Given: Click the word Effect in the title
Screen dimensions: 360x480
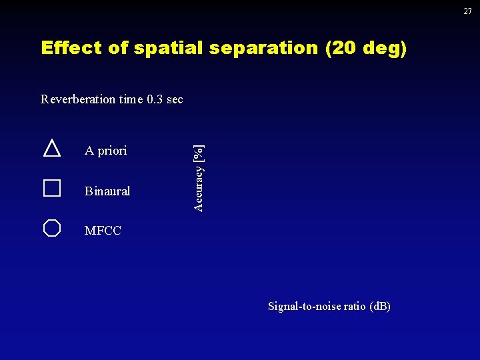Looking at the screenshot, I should pyautogui.click(x=65, y=48).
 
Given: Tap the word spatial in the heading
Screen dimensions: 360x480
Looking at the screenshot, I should pyautogui.click(x=164, y=48).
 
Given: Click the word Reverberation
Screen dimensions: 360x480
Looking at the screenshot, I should pyautogui.click(x=77, y=99).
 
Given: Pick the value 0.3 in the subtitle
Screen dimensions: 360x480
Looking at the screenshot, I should pyautogui.click(x=155, y=99).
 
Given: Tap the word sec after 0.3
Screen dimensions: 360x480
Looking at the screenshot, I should pyautogui.click(x=175, y=99).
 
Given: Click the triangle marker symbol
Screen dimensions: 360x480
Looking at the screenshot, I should pyautogui.click(x=52, y=148).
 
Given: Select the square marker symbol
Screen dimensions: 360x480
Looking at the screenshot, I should pyautogui.click(x=52, y=188).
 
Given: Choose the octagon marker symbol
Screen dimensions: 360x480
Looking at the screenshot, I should pyautogui.click(x=52, y=228).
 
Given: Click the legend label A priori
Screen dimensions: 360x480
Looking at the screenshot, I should pyautogui.click(x=105, y=151).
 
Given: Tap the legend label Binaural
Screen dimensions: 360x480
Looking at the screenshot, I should pyautogui.click(x=107, y=191).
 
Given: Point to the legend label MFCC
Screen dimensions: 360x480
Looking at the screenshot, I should pyautogui.click(x=103, y=231).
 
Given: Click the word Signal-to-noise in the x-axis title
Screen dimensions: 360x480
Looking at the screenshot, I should pyautogui.click(x=300, y=306).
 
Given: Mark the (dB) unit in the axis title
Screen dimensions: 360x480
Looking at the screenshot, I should pyautogui.click(x=379, y=306).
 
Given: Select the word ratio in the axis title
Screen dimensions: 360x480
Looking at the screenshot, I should pyautogui.click(x=351, y=306).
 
